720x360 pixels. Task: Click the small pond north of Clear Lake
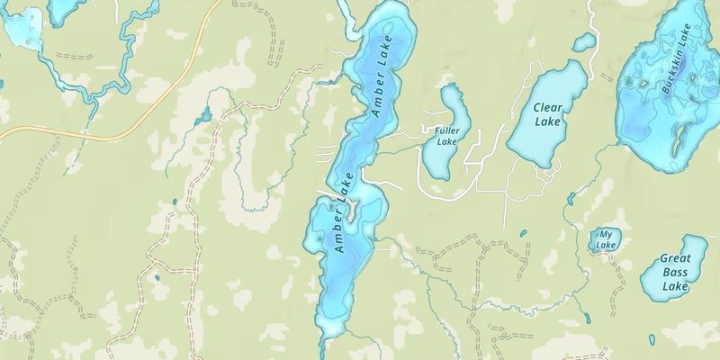[584, 42]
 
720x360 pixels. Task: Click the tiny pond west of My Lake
[523, 234]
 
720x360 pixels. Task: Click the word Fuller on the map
[447, 130]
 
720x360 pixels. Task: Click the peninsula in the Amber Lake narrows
[354, 211]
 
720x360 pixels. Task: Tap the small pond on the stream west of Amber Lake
[204, 115]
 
